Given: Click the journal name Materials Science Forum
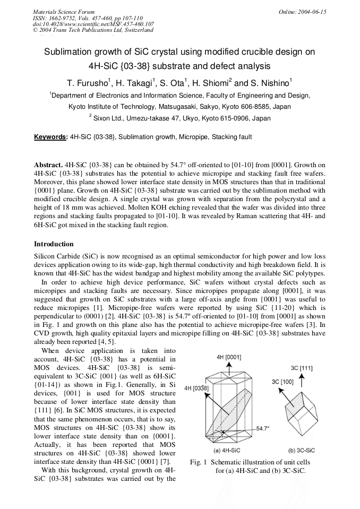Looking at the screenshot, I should pyautogui.click(x=64, y=12).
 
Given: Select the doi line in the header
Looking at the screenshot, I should pyautogui.click(x=93, y=24).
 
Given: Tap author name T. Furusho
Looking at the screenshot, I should pyautogui.click(x=88, y=83).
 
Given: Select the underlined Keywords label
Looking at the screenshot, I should pyautogui.click(x=50, y=137).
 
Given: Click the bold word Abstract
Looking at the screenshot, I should pyautogui.click(x=48, y=166).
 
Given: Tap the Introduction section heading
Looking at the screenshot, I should pyautogui.click(x=54, y=244).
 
